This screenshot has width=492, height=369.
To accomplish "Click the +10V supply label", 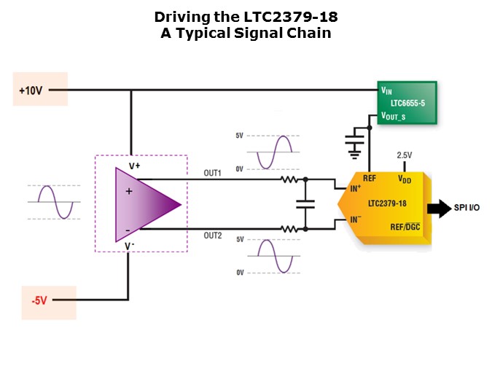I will coord(32,91).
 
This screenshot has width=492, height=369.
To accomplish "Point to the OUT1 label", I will coord(212,173).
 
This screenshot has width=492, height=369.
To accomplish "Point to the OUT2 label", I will coord(212,236).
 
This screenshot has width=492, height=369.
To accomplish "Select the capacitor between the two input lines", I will coord(305,204).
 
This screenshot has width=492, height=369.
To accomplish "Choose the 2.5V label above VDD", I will coord(404,155).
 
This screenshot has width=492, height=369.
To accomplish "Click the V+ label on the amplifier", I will coord(134,166).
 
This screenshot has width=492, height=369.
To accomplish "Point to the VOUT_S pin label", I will coord(393,116).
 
